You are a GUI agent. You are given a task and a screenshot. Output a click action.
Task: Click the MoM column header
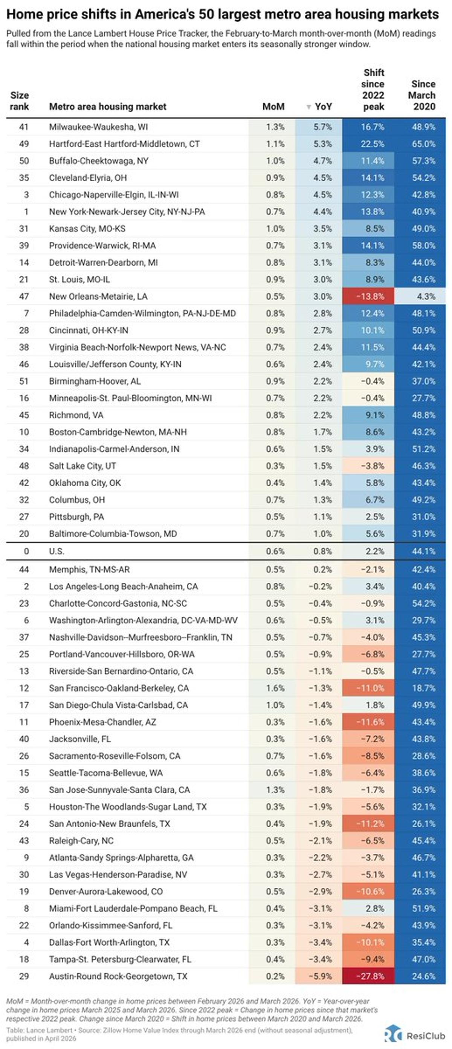[273, 107]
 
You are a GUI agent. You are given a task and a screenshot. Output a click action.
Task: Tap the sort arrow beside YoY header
[308, 107]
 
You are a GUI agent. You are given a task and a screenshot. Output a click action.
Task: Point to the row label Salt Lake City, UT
[82, 466]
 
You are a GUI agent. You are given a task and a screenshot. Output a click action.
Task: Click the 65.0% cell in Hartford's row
[423, 144]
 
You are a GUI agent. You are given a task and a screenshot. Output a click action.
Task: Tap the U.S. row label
[56, 551]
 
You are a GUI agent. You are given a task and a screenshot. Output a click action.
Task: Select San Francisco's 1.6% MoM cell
[275, 688]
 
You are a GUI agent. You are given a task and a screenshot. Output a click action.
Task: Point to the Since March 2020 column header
[423, 95]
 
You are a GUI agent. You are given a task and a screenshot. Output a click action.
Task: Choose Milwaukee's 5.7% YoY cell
[322, 127]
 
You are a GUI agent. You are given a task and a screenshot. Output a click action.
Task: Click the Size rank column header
[20, 101]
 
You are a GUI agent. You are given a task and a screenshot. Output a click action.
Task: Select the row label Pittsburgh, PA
[76, 517]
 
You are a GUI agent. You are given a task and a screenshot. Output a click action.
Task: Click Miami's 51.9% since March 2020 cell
[423, 909]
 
